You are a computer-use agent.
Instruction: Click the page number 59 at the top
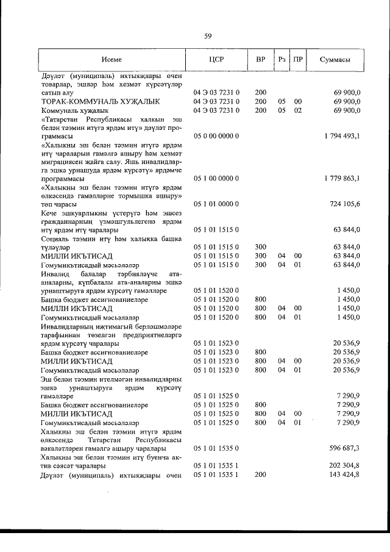point(208,37)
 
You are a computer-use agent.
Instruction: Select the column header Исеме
point(112,59)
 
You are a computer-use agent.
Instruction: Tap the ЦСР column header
point(216,59)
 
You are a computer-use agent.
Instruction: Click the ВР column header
point(261,59)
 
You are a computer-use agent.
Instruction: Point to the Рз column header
point(282,59)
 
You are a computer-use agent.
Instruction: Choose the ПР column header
point(298,59)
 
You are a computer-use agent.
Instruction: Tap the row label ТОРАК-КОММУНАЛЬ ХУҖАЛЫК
point(100,101)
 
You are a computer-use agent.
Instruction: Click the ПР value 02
point(298,110)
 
